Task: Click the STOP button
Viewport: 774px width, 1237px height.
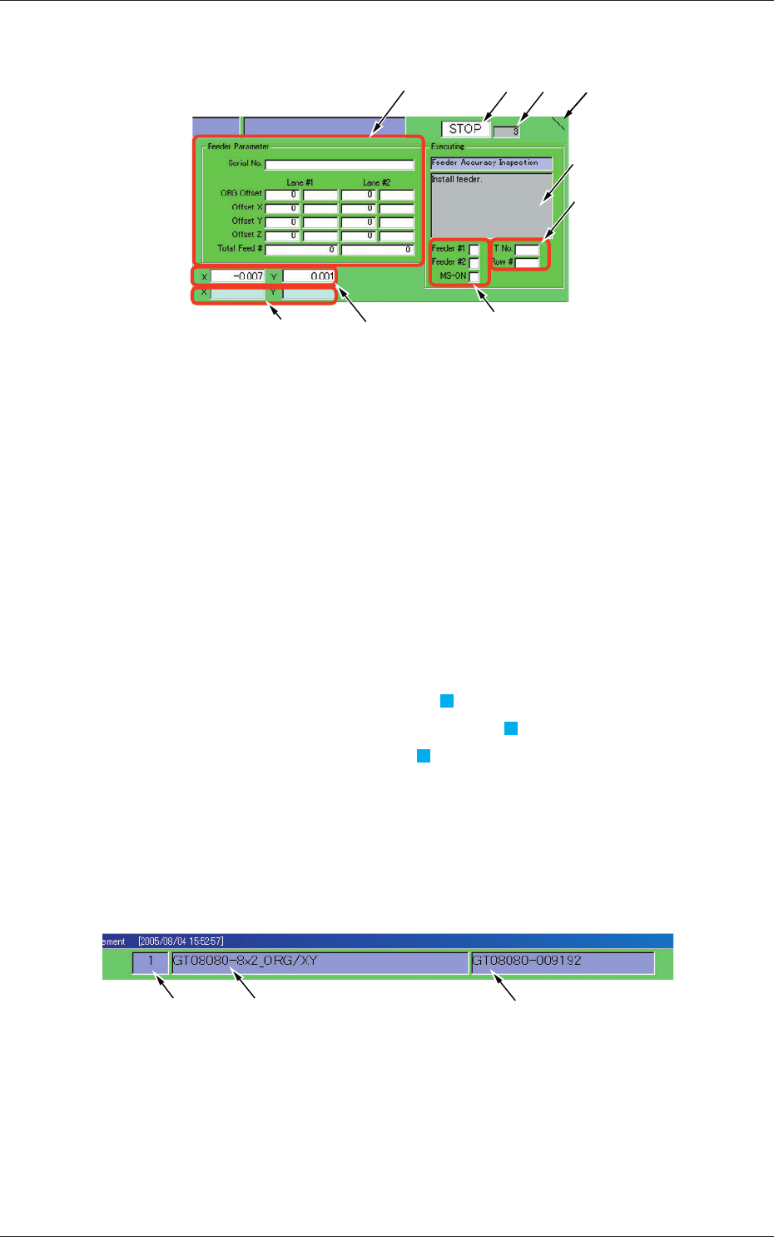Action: click(465, 129)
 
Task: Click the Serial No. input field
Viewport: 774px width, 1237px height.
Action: click(339, 165)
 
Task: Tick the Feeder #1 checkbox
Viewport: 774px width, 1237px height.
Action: click(474, 249)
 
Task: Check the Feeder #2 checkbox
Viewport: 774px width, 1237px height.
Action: click(474, 262)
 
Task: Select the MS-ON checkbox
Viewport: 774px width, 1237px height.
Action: click(474, 276)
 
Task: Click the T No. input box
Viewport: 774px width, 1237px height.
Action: click(527, 249)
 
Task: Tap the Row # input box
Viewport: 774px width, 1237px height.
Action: click(527, 262)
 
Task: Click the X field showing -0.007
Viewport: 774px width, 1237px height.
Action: click(237, 276)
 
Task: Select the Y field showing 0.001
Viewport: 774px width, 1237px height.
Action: click(309, 276)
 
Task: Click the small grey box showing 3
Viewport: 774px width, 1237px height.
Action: click(506, 132)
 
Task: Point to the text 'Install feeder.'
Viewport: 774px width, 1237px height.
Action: click(457, 180)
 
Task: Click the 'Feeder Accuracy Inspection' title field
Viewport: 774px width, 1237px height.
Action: click(491, 163)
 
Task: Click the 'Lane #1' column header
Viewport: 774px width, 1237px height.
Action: click(300, 182)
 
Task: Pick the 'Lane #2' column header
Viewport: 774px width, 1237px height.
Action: click(376, 182)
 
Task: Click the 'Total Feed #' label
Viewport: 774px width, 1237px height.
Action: click(240, 249)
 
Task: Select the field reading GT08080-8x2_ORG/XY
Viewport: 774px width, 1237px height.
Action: click(320, 962)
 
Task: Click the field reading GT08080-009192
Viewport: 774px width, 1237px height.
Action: click(563, 962)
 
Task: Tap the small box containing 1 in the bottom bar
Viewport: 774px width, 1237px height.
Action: click(150, 962)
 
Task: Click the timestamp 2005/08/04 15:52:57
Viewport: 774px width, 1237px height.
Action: click(181, 941)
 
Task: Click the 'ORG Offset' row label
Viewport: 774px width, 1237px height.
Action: click(241, 194)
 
